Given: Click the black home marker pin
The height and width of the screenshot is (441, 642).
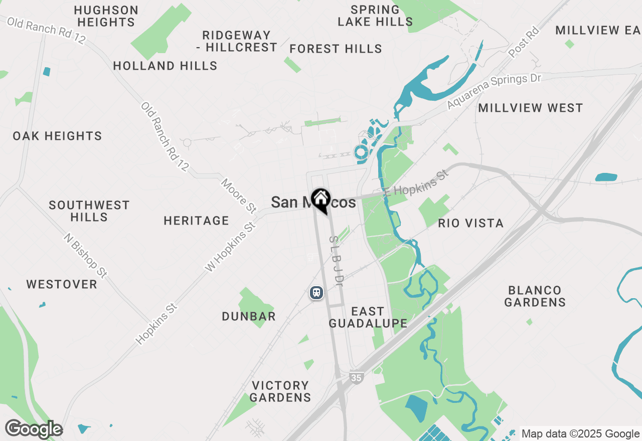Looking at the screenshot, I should click(320, 200).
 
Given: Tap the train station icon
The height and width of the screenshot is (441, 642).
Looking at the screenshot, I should click(316, 292).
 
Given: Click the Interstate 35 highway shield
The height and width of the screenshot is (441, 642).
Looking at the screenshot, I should click(356, 377).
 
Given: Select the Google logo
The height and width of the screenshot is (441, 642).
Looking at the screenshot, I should click(34, 429).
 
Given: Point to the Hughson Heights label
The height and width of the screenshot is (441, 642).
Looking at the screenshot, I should click(106, 16).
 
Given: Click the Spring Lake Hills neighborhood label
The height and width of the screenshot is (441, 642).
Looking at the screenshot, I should click(375, 16).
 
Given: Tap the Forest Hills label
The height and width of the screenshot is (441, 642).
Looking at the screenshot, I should click(336, 49).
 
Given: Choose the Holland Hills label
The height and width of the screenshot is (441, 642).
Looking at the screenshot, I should click(165, 66).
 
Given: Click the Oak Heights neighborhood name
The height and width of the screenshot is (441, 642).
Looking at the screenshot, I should click(57, 136).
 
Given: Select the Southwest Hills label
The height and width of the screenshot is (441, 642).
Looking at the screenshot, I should click(89, 211).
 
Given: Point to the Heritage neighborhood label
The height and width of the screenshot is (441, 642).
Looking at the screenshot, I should click(196, 220).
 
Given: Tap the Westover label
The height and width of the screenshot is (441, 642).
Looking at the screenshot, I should click(62, 284).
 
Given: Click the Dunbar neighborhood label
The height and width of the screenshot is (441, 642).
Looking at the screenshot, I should click(249, 316).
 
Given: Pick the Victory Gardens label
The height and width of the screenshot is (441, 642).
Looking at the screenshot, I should click(280, 391).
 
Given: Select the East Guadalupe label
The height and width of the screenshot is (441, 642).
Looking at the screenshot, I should click(368, 317).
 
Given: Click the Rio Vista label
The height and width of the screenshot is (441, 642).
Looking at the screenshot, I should click(470, 223).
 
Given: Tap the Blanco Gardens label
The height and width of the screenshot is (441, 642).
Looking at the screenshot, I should click(535, 296).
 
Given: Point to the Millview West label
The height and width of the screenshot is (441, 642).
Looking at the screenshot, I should click(530, 108).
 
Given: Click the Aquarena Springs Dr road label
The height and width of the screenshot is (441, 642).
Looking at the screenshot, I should click(494, 91).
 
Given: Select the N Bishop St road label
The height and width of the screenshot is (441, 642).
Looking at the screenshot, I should click(85, 256).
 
